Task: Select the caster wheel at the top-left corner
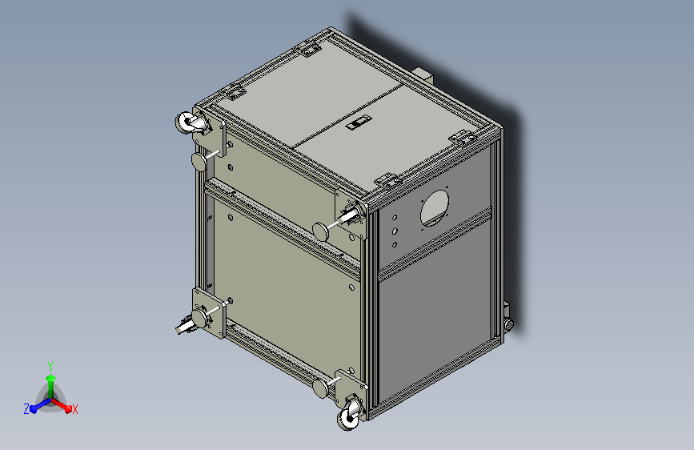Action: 190,124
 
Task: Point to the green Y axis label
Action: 50,364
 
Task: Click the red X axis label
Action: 75,409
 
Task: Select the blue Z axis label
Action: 26,408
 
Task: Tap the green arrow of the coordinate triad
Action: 50,380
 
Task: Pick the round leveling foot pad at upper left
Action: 199,162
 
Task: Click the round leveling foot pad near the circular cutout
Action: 322,229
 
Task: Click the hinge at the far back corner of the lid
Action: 310,49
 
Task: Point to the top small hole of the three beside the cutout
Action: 395,216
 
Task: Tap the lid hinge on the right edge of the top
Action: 463,138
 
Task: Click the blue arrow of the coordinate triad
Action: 36,406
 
